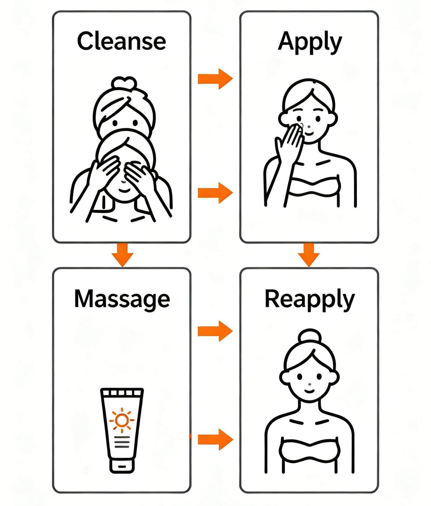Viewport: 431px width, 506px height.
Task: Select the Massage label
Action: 122,299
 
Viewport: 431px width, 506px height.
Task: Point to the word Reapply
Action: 310,299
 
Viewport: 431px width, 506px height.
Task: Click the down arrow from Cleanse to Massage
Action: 122,254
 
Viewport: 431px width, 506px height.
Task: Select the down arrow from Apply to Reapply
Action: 309,254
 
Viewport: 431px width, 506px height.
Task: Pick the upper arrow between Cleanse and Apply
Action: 215,79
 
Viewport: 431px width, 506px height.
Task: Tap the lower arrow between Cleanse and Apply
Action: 215,193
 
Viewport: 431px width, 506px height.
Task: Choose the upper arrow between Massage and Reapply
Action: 215,331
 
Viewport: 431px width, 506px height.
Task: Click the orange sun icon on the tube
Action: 122,420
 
